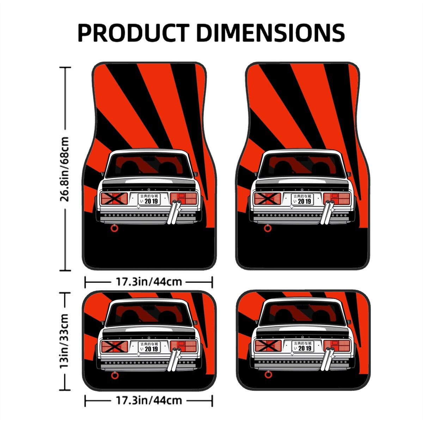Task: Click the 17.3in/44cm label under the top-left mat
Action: pos(149,282)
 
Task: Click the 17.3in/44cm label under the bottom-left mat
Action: pos(149,400)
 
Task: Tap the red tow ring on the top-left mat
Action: pos(114,229)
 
